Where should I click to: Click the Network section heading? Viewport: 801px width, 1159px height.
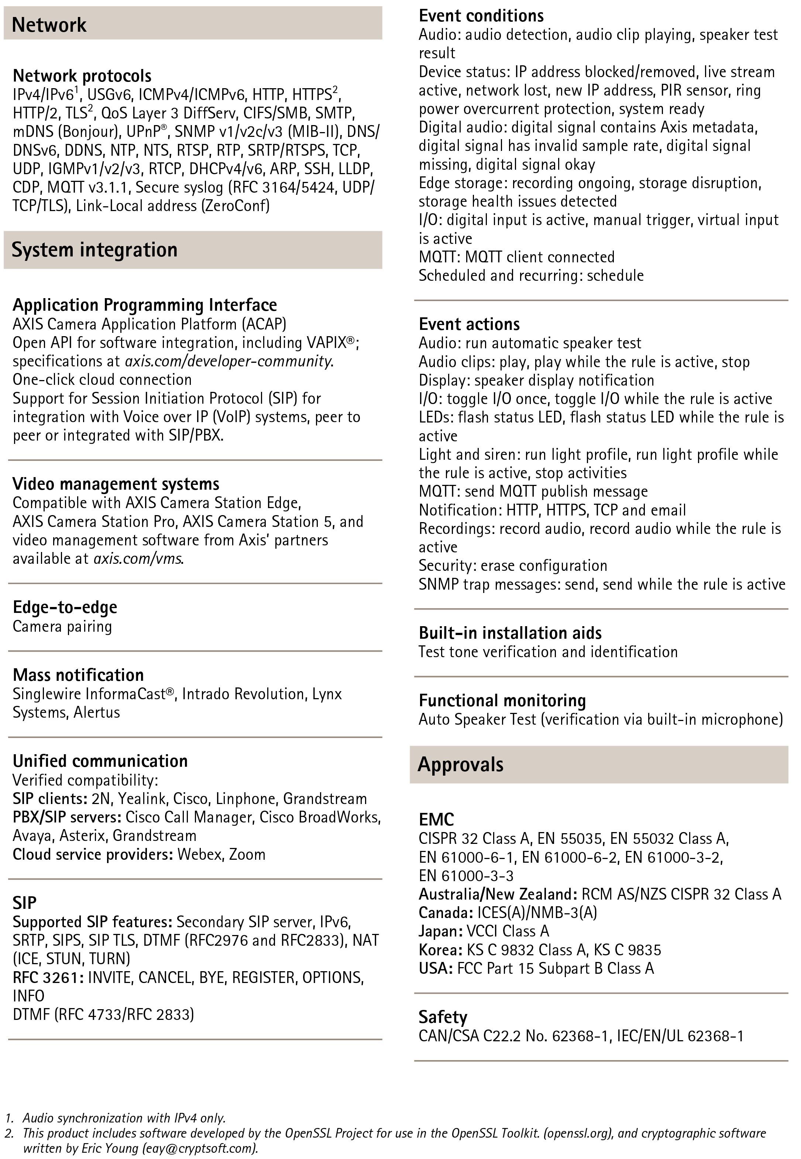point(49,25)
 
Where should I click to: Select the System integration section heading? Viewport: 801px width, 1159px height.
point(94,249)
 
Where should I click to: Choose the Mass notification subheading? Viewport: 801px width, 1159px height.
point(78,675)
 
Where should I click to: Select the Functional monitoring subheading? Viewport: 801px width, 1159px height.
point(502,700)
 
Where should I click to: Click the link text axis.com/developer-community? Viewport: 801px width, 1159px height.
point(228,361)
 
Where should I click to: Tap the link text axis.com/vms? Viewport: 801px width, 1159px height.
point(138,558)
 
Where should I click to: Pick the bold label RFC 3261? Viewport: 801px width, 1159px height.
point(48,977)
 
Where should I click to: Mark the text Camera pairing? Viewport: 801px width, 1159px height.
point(62,626)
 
